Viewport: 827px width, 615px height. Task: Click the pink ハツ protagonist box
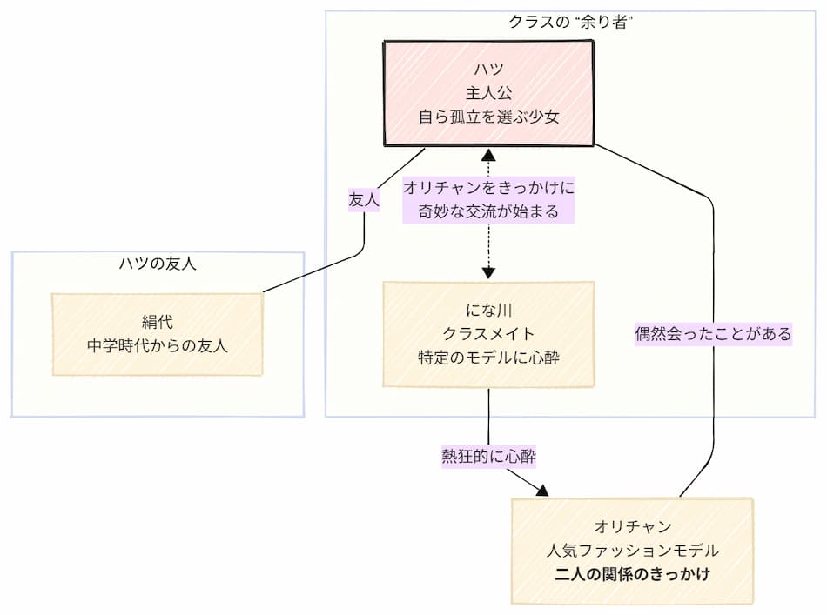click(x=489, y=92)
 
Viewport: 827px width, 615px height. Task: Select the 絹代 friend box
click(x=157, y=334)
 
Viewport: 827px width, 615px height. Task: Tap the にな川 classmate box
click(x=488, y=333)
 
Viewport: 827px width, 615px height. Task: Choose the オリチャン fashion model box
click(x=632, y=551)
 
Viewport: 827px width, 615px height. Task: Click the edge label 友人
click(x=363, y=199)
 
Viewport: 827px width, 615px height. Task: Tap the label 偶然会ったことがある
click(x=713, y=333)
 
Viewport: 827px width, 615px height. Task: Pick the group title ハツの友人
click(x=158, y=264)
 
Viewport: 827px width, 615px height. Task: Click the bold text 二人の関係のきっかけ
click(x=632, y=574)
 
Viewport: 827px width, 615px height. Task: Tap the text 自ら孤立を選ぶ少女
click(x=489, y=117)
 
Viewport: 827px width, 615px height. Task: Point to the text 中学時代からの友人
click(x=157, y=345)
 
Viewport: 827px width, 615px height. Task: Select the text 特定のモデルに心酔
click(x=488, y=357)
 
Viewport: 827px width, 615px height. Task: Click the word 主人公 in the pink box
click(x=489, y=93)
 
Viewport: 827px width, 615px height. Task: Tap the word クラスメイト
click(x=488, y=333)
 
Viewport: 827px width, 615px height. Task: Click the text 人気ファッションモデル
click(x=632, y=551)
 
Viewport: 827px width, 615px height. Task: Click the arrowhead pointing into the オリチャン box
click(x=542, y=491)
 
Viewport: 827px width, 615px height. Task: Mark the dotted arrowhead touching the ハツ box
click(x=488, y=156)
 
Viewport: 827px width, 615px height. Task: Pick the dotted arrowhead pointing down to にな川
click(x=488, y=272)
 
